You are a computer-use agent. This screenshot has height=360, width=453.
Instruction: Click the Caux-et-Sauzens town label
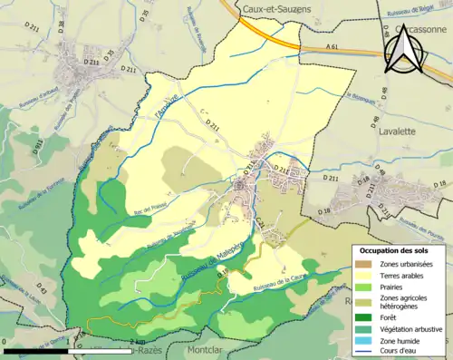275,8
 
